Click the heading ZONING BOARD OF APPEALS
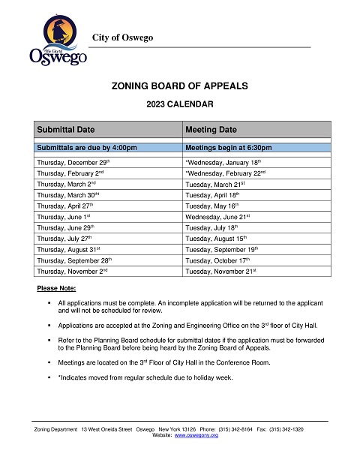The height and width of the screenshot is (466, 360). (179, 86)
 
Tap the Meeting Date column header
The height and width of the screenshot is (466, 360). (211, 129)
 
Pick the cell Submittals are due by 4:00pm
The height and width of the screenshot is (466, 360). (87, 147)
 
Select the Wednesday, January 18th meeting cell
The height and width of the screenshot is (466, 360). (223, 161)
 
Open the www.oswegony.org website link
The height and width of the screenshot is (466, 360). (196, 435)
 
